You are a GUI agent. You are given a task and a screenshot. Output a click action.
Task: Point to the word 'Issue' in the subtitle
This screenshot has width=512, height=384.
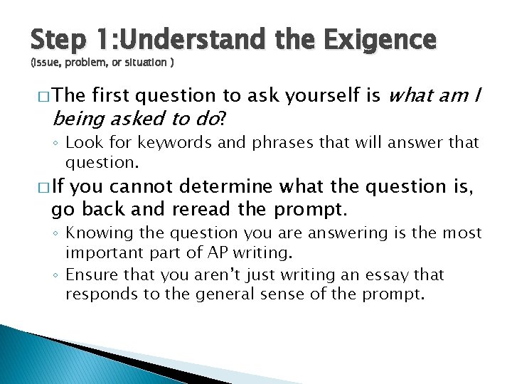[x=46, y=63]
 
